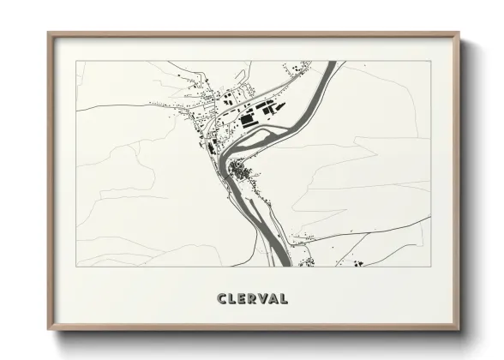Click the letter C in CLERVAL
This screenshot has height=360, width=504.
coord(222,299)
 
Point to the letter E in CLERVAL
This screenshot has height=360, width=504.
coord(242,299)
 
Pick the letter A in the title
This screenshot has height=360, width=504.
coord(272,299)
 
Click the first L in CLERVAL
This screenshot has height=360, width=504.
coord(232,299)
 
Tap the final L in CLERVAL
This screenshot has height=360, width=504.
coord(282,299)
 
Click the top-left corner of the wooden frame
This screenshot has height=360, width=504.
coord(49,33)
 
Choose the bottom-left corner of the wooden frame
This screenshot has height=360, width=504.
coord(49,330)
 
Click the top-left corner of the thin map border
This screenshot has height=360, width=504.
coord(77,61)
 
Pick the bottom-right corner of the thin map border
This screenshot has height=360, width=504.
coord(430,266)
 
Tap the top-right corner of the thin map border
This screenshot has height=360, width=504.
coord(430,61)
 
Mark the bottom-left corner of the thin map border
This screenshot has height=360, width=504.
coord(77,266)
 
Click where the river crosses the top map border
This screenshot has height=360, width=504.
coord(331,61)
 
